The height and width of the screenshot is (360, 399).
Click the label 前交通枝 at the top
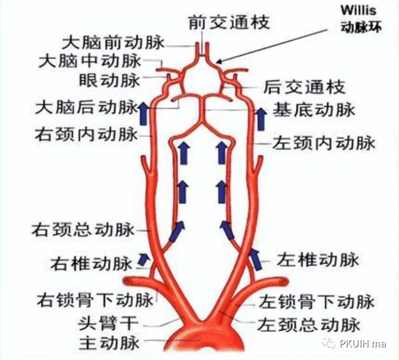pyautogui.click(x=228, y=23)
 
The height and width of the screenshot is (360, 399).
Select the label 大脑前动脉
pyautogui.click(x=112, y=42)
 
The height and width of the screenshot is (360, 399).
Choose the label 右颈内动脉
pyautogui.click(x=85, y=134)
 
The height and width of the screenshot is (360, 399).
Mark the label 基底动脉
pyautogui.click(x=314, y=109)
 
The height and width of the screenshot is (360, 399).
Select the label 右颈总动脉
pyautogui.click(x=83, y=229)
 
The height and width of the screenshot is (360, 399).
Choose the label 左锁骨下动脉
pyautogui.click(x=316, y=302)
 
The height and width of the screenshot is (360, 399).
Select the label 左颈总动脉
pyautogui.click(x=309, y=324)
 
